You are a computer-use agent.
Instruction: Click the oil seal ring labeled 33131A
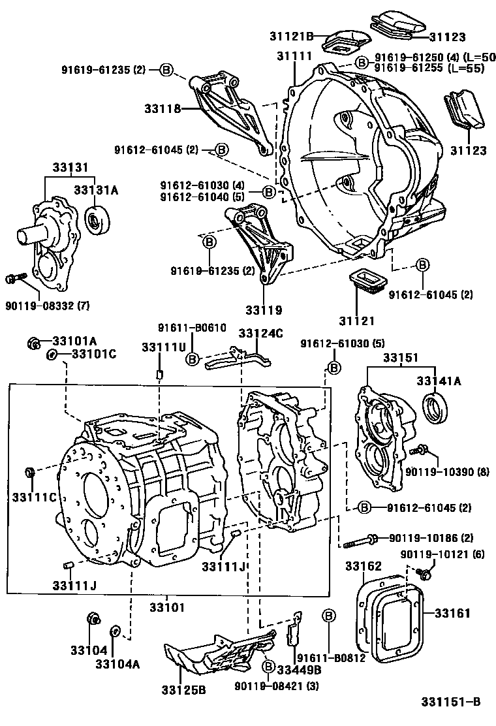click(98, 221)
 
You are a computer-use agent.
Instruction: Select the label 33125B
click(185, 690)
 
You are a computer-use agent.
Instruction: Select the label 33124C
click(260, 334)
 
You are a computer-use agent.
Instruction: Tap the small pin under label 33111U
click(159, 374)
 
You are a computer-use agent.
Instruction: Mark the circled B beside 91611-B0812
click(329, 616)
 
